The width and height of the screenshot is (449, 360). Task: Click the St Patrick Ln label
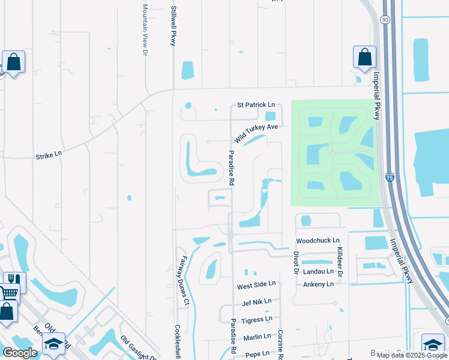click(256, 105)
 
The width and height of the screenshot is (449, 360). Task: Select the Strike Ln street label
click(49, 154)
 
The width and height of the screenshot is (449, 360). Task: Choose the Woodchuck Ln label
click(318, 241)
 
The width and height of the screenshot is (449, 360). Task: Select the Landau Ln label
click(318, 272)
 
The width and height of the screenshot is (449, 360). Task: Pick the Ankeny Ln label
click(318, 284)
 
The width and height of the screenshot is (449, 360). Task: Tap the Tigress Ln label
click(257, 319)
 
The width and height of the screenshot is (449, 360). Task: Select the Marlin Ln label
click(257, 337)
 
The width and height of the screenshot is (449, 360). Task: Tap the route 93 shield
click(385, 20)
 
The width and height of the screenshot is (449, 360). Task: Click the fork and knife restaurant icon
click(12, 280)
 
